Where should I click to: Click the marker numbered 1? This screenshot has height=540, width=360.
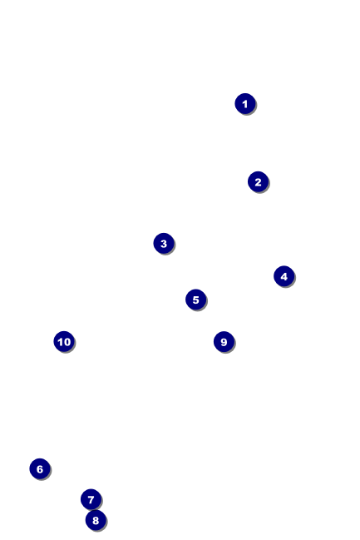point(245,103)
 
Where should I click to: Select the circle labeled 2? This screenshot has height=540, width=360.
point(258,181)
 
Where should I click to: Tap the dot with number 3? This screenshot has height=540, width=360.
point(164,243)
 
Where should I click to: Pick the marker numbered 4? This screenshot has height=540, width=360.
point(284,276)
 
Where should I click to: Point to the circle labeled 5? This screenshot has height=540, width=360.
point(196,300)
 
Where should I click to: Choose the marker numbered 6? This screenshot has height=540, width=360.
point(40,468)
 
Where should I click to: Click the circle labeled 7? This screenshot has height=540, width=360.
point(91,499)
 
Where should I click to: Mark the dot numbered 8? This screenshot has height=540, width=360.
point(96,520)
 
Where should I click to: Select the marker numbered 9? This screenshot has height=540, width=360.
point(224,341)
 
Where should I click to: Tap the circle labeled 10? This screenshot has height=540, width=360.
point(64,341)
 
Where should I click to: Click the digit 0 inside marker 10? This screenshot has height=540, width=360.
point(67,342)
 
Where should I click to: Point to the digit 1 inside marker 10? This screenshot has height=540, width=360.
point(60,342)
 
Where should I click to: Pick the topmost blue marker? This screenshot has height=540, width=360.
point(245,103)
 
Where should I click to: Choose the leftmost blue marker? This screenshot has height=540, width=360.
point(40,468)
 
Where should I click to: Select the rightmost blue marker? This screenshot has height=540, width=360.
point(284,276)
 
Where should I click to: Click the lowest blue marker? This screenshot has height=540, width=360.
point(96,520)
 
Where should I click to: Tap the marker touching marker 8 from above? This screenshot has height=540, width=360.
point(91,499)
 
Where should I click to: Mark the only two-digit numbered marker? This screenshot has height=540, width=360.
point(64,341)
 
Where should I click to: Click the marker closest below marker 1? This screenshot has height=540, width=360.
point(258,181)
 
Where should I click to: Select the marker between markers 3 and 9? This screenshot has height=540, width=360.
point(196,300)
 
